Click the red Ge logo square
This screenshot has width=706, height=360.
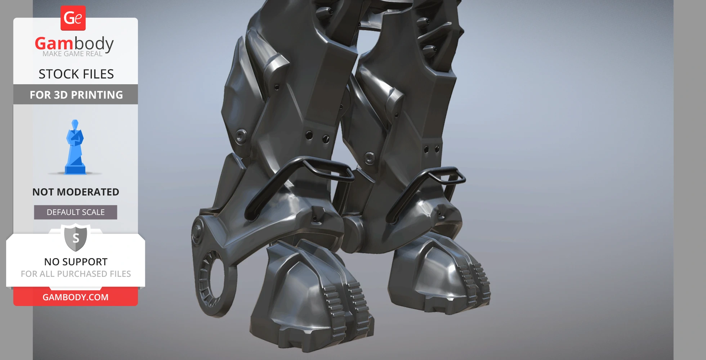pyautogui.click(x=73, y=18)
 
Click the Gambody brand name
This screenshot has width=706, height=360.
pyautogui.click(x=74, y=44)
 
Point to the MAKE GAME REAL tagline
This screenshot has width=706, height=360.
pyautogui.click(x=72, y=54)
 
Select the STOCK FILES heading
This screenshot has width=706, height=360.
pyautogui.click(x=76, y=74)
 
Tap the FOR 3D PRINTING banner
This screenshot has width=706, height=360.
pyautogui.click(x=76, y=95)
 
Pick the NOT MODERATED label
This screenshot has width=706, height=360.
pyautogui.click(x=76, y=192)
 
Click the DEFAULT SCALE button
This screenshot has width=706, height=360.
pyautogui.click(x=76, y=212)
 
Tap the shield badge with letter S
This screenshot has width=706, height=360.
pyautogui.click(x=76, y=238)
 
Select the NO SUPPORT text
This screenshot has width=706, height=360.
pyautogui.click(x=76, y=262)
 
